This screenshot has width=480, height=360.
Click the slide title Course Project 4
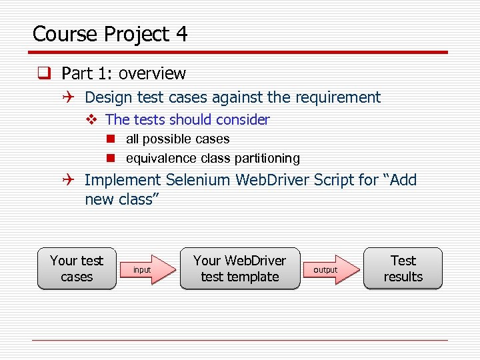(110, 34)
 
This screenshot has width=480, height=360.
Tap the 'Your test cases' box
(77, 269)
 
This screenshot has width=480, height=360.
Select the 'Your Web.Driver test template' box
(239, 269)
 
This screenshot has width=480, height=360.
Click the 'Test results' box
(403, 269)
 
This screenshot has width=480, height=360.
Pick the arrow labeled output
(333, 269)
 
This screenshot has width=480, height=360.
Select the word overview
(151, 73)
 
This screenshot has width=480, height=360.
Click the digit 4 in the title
(181, 34)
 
